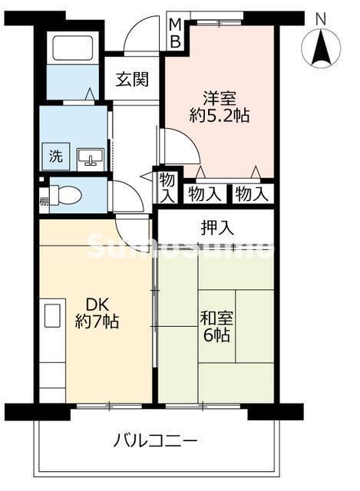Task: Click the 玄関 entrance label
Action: [x=132, y=78]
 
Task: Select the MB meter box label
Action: [x=175, y=33]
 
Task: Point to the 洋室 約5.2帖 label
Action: [x=220, y=107]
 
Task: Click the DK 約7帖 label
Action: [x=96, y=313]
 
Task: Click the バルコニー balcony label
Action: [x=157, y=441]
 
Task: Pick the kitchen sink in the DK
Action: [x=52, y=316]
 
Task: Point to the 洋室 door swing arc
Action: [x=174, y=144]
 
